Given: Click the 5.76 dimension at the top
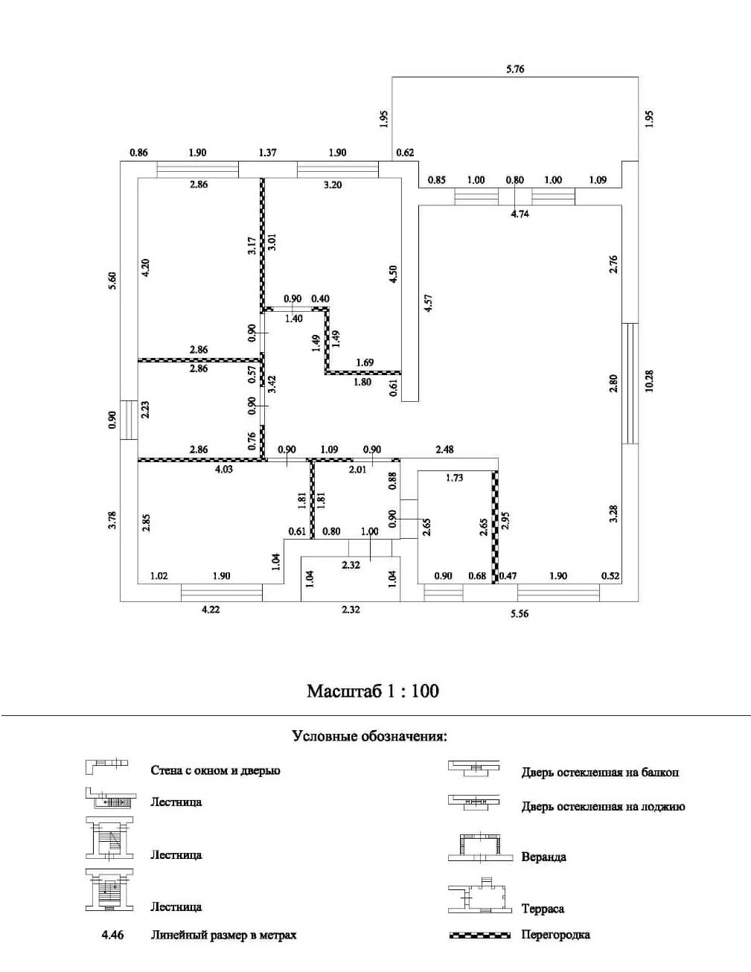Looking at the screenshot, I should pyautogui.click(x=515, y=69).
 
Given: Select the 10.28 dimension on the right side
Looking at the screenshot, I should pyautogui.click(x=649, y=380).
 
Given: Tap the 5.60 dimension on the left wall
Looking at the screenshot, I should pyautogui.click(x=112, y=280).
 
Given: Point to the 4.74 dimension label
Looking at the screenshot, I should pyautogui.click(x=520, y=214).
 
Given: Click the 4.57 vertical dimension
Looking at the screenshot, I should pyautogui.click(x=427, y=304).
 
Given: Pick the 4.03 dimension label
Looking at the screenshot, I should pyautogui.click(x=223, y=470).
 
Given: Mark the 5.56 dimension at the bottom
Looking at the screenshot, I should pyautogui.click(x=520, y=614).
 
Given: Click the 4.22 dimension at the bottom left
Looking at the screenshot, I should pyautogui.click(x=211, y=610).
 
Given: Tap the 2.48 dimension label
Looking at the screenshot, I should pyautogui.click(x=444, y=450).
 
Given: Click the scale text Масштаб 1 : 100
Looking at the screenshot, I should pyautogui.click(x=373, y=691).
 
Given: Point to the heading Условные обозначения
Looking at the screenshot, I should pyautogui.click(x=370, y=737).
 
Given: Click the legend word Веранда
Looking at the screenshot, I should pyautogui.click(x=544, y=857).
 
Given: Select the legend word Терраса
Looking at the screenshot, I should pyautogui.click(x=543, y=909).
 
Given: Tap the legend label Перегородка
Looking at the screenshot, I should pyautogui.click(x=556, y=935).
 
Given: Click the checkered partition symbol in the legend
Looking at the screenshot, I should pyautogui.click(x=480, y=935).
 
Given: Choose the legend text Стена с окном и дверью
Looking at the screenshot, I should pyautogui.click(x=215, y=770).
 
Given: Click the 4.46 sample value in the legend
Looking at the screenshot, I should pyautogui.click(x=112, y=935).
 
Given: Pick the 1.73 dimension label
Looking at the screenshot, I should pyautogui.click(x=454, y=478).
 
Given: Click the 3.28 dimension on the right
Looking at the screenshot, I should pyautogui.click(x=614, y=514).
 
